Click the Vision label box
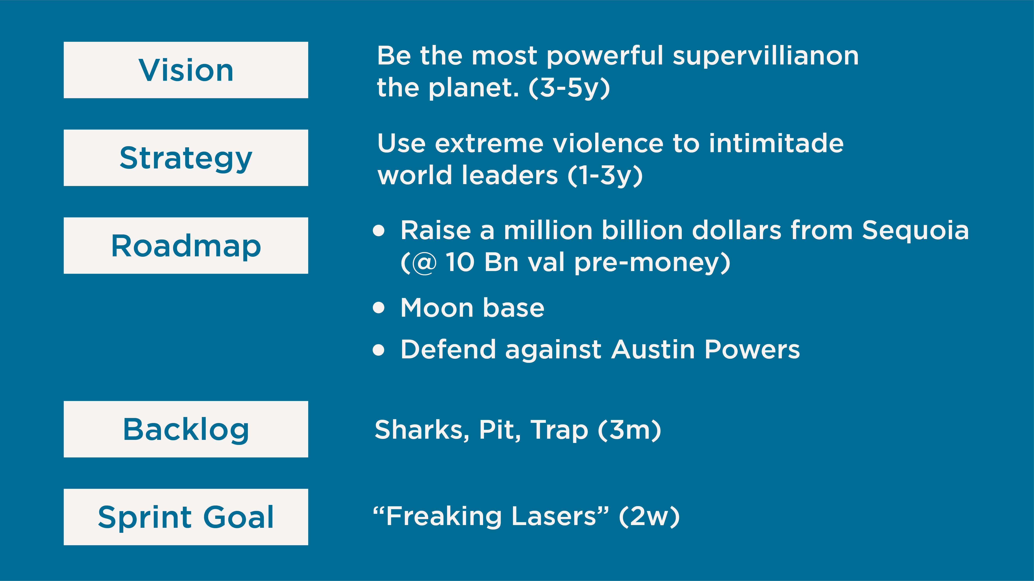pos(186,70)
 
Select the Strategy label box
pos(186,158)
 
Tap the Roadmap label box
pos(186,245)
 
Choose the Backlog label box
pos(186,429)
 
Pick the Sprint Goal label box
pos(186,517)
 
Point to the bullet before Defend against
pos(379,350)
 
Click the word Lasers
pos(554,517)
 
